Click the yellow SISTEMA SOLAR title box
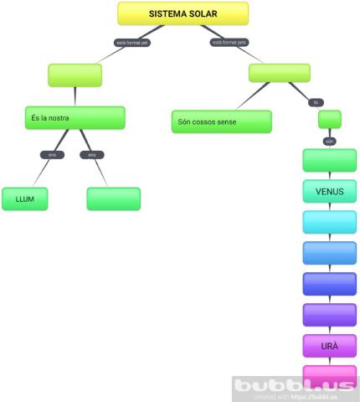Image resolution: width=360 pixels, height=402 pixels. [x=183, y=13]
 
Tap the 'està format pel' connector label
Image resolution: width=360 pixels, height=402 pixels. [x=132, y=42]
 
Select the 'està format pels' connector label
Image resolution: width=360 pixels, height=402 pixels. [x=229, y=42]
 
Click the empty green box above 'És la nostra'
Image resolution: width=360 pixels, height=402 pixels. [x=75, y=75]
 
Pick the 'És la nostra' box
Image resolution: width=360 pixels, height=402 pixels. [x=75, y=118]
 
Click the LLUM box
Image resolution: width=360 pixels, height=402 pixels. [x=25, y=198]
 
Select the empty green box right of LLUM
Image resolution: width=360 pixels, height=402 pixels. [x=114, y=198]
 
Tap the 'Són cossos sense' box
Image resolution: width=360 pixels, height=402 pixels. [x=221, y=121]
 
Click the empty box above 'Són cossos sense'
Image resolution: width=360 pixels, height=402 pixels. [x=279, y=73]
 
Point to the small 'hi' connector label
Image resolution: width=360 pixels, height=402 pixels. [x=316, y=102]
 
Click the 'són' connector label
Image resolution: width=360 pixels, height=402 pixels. [x=329, y=141]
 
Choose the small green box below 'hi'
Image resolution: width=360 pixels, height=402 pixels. [x=330, y=119]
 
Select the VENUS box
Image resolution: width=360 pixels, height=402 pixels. [x=329, y=191]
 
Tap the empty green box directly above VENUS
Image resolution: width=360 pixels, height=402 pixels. [x=329, y=160]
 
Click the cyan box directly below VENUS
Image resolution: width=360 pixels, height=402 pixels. [x=329, y=222]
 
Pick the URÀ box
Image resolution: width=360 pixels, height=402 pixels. [x=329, y=345]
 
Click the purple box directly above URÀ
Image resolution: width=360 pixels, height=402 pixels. [x=329, y=315]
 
